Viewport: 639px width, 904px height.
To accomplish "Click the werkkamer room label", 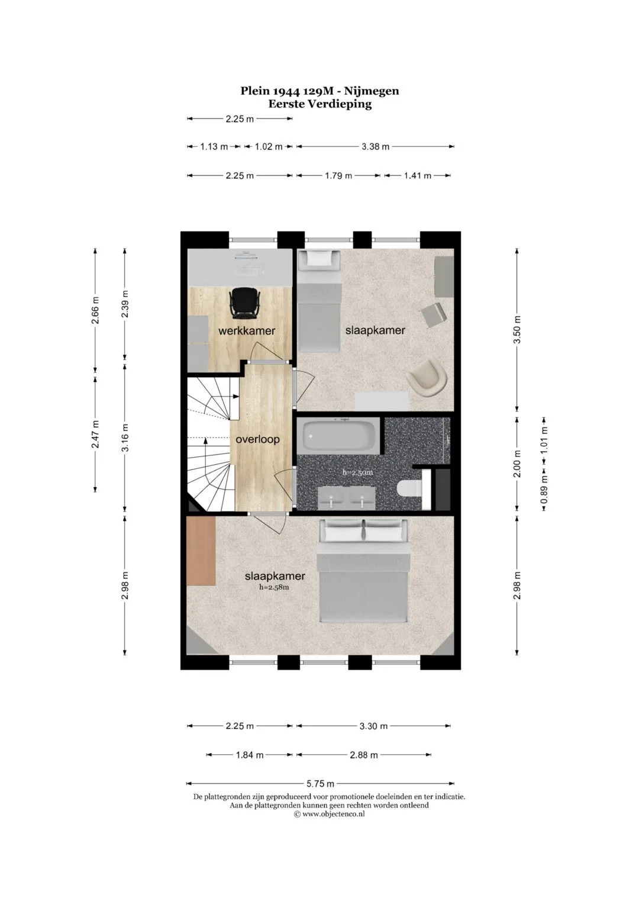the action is tap(247, 331).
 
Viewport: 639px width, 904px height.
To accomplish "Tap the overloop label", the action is tap(257, 439).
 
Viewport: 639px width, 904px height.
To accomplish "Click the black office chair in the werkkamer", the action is tap(243, 303).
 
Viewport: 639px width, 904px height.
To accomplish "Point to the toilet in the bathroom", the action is tap(409, 489).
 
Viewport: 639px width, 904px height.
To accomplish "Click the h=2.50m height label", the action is tap(358, 472).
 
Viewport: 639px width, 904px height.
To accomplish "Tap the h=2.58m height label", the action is tap(275, 587).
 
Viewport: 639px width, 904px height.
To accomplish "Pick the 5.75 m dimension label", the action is tap(320, 784).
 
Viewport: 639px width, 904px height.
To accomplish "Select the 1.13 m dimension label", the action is tap(214, 146).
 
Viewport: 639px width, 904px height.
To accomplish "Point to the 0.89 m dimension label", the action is tap(544, 490).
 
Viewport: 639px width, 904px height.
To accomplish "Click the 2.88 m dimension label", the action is tap(364, 755).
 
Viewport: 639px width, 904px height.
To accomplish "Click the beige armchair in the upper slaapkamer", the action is tap(427, 378).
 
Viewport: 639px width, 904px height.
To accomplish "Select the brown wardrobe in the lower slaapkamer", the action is tap(201, 551).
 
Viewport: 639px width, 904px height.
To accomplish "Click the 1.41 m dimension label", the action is tap(418, 176).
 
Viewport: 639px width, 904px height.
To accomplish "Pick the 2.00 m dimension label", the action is tap(517, 464).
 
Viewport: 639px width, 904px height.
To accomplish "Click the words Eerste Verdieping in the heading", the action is tap(320, 104).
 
